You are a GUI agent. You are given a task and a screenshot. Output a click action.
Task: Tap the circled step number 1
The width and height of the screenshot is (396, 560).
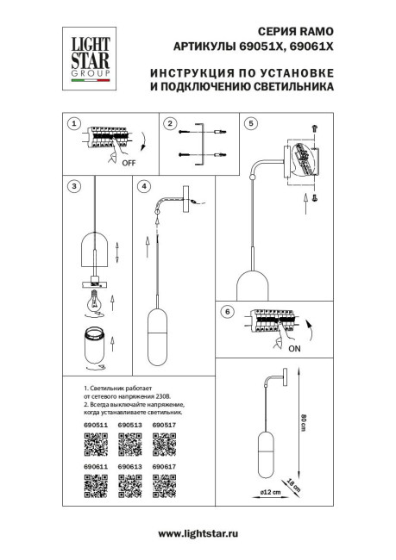(75, 124)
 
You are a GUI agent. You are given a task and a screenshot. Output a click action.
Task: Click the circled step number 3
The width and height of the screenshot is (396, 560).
(75, 185)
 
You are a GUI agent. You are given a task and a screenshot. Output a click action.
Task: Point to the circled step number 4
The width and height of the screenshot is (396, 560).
(144, 185)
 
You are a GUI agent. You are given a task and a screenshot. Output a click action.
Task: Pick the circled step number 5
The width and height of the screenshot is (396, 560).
(251, 124)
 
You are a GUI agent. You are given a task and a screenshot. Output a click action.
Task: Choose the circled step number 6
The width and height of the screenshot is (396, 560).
(228, 311)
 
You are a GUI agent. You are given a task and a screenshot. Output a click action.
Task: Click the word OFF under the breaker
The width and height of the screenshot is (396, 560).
(129, 161)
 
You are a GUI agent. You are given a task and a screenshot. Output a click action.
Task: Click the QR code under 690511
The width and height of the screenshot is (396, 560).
(95, 445)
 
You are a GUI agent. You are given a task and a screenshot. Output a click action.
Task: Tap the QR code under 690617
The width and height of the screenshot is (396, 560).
(163, 486)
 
